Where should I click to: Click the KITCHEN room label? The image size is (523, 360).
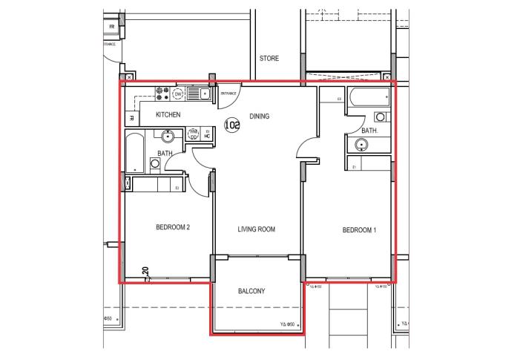pos(168,115)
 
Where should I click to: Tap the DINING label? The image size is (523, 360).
pos(259,116)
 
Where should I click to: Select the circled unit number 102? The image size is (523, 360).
pos(232,125)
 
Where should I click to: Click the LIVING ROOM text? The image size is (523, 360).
pos(256,230)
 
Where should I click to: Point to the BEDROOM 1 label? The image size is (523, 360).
pos(359,230)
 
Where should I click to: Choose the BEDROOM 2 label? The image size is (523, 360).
pos(173,227)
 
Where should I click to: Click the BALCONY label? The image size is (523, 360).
pos(251,291)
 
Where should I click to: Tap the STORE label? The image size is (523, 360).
pos(269,59)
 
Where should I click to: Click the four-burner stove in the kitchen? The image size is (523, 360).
pos(161,94)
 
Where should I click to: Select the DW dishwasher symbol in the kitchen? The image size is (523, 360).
pos(178,94)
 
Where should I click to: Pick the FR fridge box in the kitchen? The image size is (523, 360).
pos(131,117)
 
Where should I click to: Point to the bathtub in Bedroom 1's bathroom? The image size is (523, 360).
pos(369,96)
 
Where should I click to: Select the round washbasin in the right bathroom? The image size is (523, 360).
pos(380,117)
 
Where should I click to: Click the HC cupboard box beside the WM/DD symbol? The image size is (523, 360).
pos(207,135)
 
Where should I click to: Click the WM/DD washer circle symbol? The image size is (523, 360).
pos(194,134)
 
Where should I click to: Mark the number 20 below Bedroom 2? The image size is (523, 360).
pos(146,273)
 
